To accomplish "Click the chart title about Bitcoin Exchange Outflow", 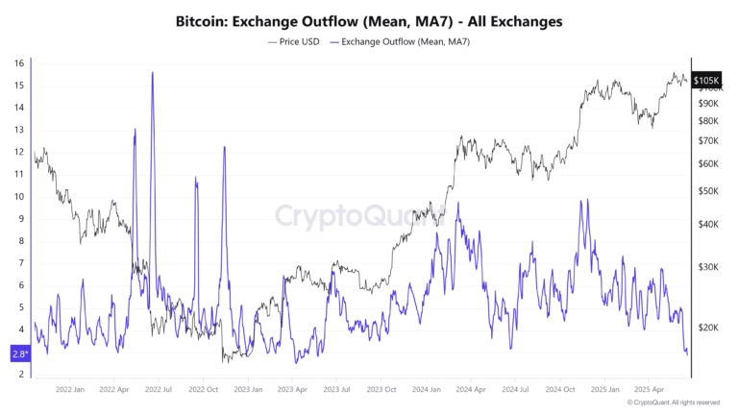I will (x=369, y=19).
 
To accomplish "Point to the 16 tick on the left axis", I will (x=18, y=63).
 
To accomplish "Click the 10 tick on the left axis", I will (x=18, y=196).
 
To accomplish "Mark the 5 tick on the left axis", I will (x=18, y=307).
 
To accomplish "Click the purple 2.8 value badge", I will (x=18, y=354).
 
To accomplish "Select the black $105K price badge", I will (x=706, y=81).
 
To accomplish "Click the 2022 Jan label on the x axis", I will (x=71, y=389).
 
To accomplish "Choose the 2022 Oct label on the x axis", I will (x=204, y=389).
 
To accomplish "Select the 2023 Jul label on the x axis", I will (x=336, y=389).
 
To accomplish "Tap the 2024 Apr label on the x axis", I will (x=471, y=389).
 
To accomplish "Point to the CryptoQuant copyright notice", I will (x=672, y=403).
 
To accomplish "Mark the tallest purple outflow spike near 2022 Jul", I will (x=152, y=73).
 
